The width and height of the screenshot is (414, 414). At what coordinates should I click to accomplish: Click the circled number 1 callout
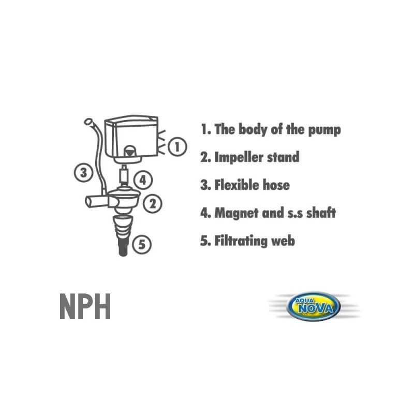[177, 146]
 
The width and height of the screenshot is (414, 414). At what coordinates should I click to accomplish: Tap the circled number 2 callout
[152, 203]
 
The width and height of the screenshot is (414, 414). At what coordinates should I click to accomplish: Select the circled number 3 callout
[83, 173]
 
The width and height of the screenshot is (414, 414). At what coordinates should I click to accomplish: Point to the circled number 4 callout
[143, 180]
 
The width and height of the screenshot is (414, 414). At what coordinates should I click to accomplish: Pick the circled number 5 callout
[142, 244]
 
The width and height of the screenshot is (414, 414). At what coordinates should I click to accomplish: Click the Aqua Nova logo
[314, 306]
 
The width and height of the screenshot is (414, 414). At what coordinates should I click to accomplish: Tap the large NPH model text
[85, 306]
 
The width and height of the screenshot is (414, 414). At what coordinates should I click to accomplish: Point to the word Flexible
[236, 185]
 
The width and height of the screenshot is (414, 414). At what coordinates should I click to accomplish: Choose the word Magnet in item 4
[236, 213]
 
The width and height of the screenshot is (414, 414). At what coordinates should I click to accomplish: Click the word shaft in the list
[321, 213]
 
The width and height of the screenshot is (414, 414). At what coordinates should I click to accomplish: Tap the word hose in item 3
[276, 185]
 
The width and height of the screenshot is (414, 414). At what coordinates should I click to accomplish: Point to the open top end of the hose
[88, 122]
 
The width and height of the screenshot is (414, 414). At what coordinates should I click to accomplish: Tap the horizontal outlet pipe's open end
[88, 202]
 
